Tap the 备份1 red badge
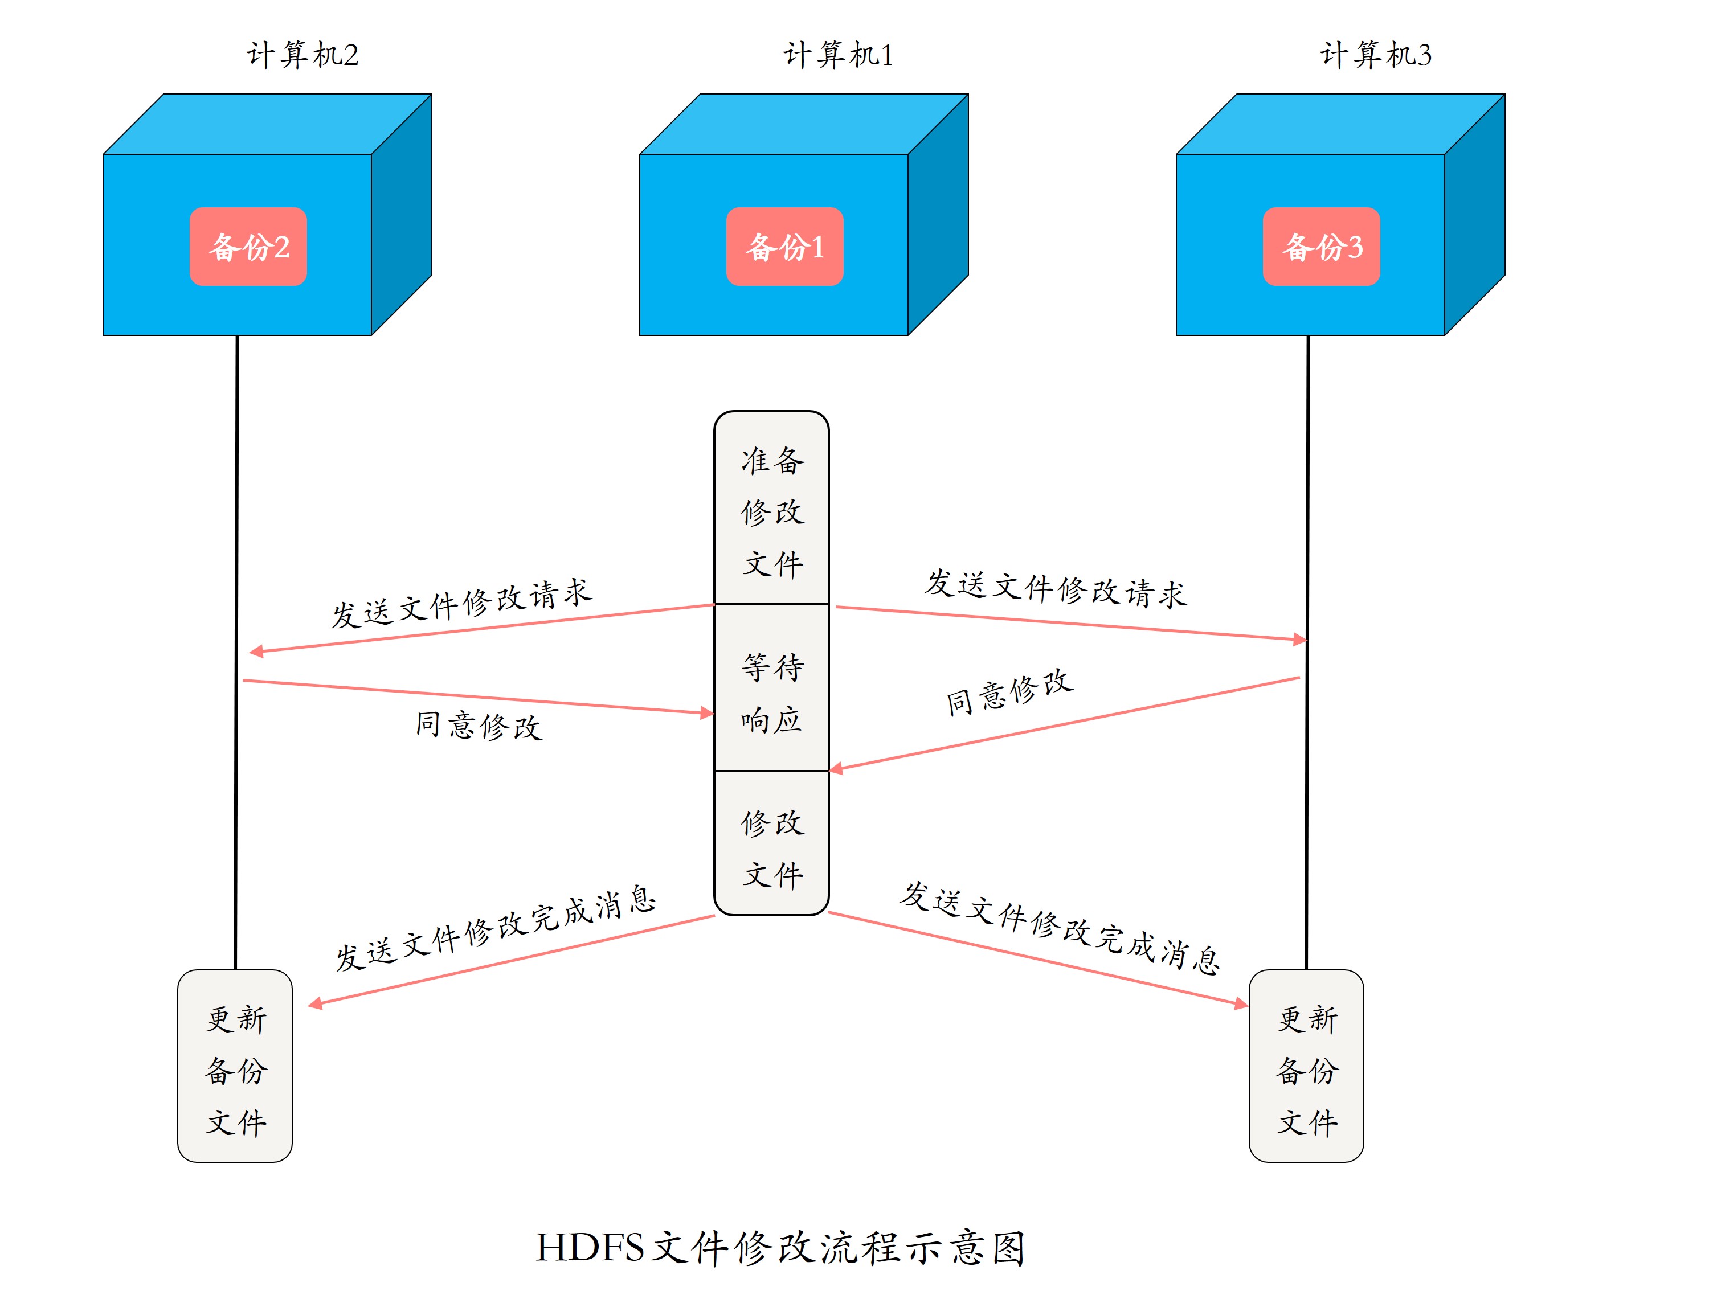[784, 247]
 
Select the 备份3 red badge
[1320, 247]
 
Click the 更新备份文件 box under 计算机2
[235, 1067]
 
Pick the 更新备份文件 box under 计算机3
[1306, 1067]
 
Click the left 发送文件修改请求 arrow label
[461, 604]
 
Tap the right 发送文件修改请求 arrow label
[1055, 589]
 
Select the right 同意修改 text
[1008, 692]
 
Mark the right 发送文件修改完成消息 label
[1059, 928]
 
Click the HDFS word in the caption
[590, 1248]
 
